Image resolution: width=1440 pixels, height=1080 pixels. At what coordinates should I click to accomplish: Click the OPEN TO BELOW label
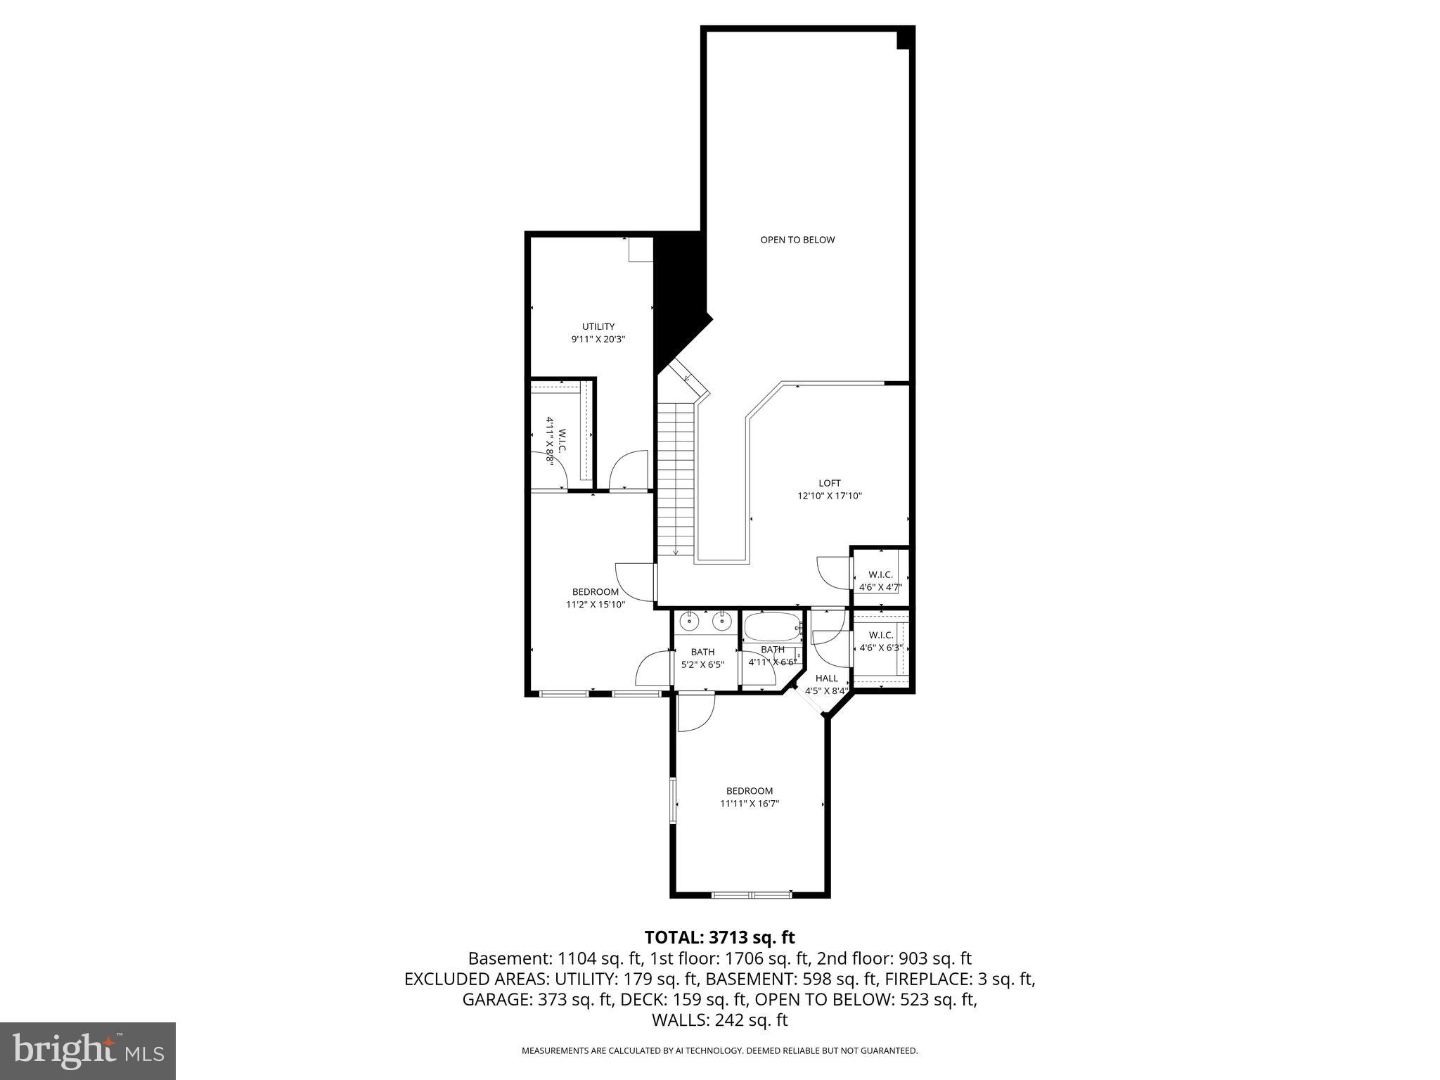click(797, 240)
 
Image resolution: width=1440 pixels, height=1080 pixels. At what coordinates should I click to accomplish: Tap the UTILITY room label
click(598, 326)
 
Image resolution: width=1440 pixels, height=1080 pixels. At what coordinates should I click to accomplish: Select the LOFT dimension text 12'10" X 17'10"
click(829, 496)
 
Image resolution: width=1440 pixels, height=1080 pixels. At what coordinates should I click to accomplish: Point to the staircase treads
click(676, 478)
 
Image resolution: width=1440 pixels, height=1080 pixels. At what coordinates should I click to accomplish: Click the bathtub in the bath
click(772, 626)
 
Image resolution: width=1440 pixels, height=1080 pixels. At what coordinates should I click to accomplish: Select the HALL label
click(827, 679)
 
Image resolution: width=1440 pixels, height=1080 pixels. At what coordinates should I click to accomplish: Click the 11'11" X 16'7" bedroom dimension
click(750, 804)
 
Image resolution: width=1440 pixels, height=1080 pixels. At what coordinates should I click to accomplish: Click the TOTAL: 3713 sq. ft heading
click(719, 937)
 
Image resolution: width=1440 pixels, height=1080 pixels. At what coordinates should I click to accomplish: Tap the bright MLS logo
click(88, 1051)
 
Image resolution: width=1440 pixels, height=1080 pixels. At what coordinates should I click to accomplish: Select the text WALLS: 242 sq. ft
click(719, 1020)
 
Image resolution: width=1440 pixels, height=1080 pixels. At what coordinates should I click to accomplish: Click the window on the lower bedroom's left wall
click(673, 801)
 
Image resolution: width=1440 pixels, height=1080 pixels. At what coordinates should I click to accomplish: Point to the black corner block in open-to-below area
click(905, 38)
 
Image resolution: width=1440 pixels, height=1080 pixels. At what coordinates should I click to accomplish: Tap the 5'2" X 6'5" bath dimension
click(702, 664)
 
